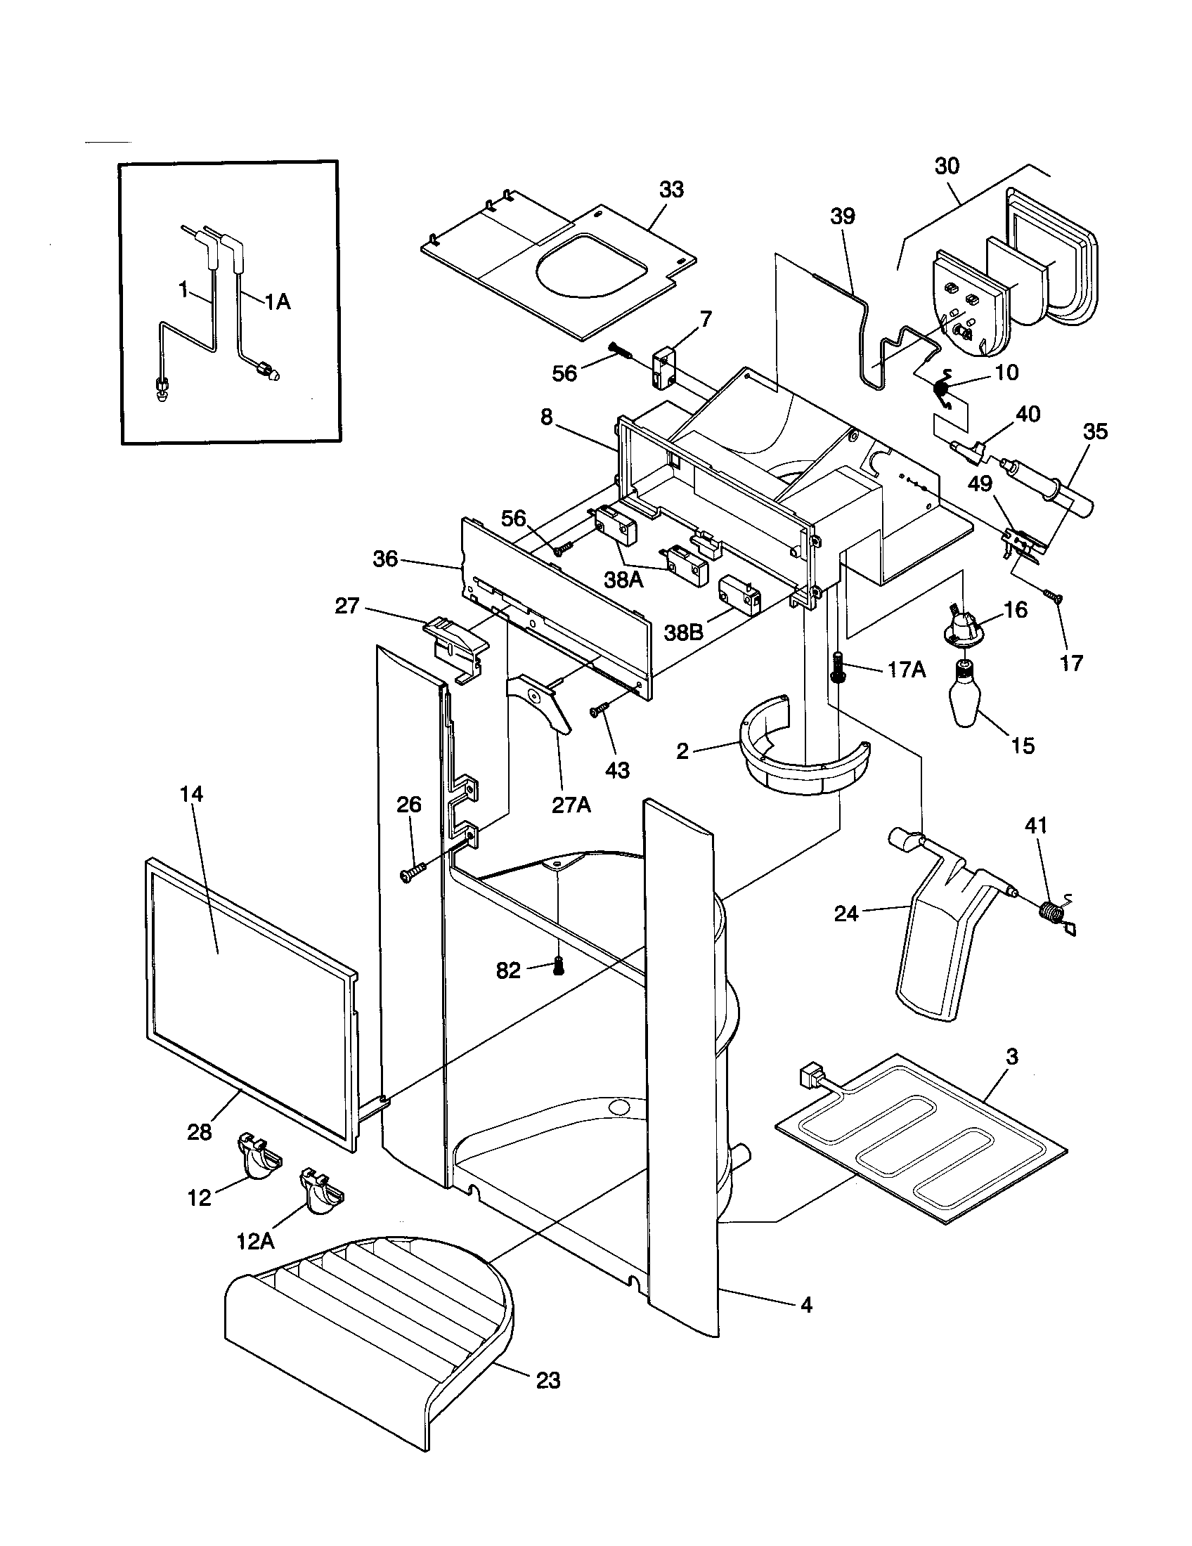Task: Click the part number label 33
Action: (671, 190)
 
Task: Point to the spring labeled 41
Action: (1053, 911)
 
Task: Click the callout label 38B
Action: (683, 632)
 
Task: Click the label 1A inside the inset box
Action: (278, 302)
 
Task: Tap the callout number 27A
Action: (571, 805)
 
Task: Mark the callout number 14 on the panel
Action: (191, 794)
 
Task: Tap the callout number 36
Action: (386, 559)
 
